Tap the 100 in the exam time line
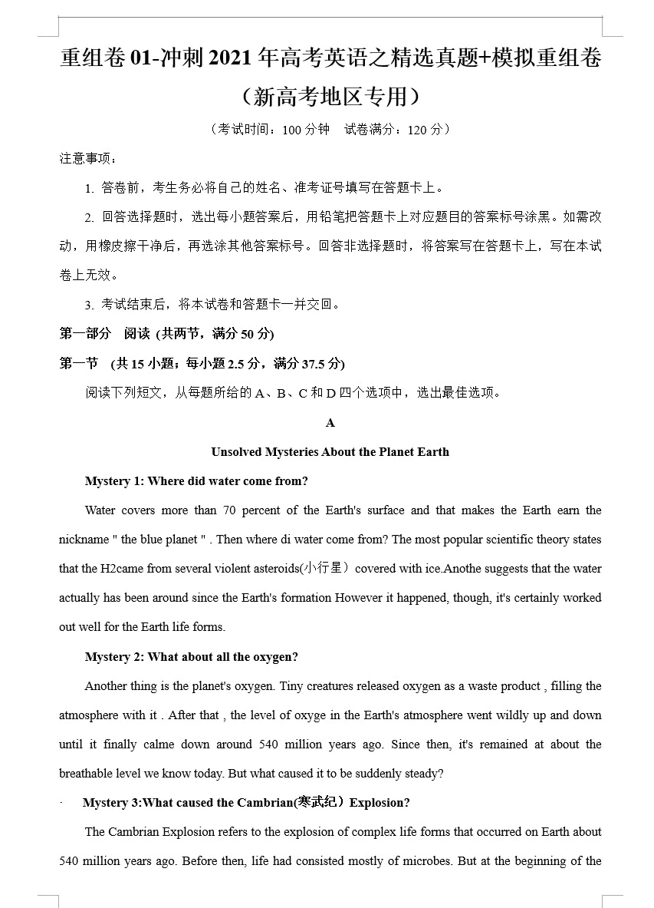(292, 130)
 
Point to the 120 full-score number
(418, 130)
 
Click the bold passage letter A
(330, 423)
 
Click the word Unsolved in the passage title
(236, 452)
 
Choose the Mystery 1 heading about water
(196, 481)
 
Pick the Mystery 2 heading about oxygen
(191, 657)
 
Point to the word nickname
(84, 540)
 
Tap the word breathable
(87, 774)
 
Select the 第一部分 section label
(85, 334)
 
